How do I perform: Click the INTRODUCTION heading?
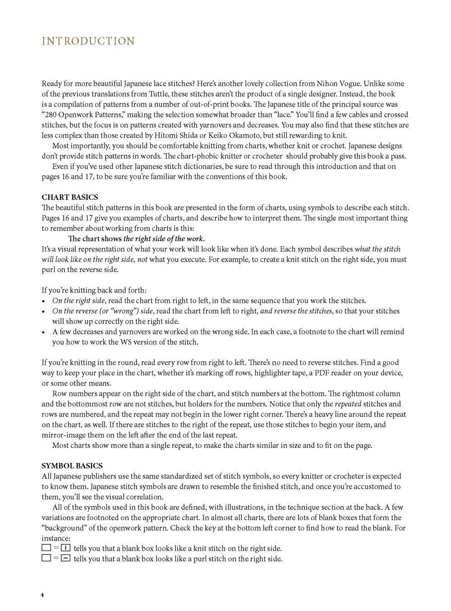point(88,42)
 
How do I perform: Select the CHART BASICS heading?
point(69,197)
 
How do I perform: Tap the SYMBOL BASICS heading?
point(72,466)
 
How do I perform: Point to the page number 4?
point(43,595)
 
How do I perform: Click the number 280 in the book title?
point(51,115)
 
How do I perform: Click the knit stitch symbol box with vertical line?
point(66,548)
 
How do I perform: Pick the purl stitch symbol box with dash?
point(66,559)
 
